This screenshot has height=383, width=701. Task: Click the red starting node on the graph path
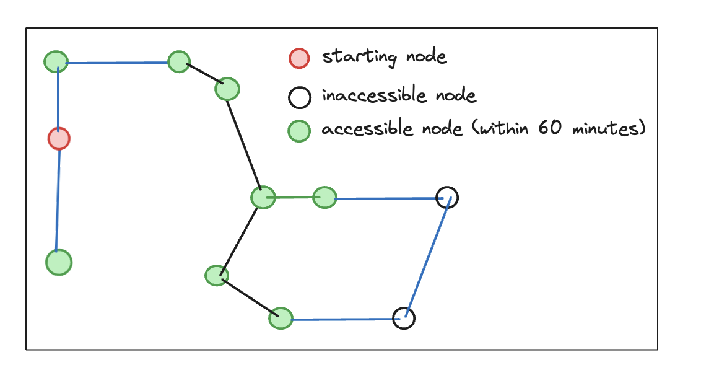point(59,138)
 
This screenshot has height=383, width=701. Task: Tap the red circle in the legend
point(299,58)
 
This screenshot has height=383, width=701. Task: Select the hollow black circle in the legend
point(299,97)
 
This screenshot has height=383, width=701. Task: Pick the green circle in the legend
point(299,131)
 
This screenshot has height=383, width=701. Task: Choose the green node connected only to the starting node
point(59,262)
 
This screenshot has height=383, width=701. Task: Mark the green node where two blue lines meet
point(56,61)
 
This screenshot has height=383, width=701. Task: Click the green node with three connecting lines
point(263,198)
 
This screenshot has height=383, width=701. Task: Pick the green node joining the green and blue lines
point(324,198)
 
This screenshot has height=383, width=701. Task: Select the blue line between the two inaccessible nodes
point(426,257)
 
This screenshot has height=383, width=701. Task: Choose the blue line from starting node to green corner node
point(58,99)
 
